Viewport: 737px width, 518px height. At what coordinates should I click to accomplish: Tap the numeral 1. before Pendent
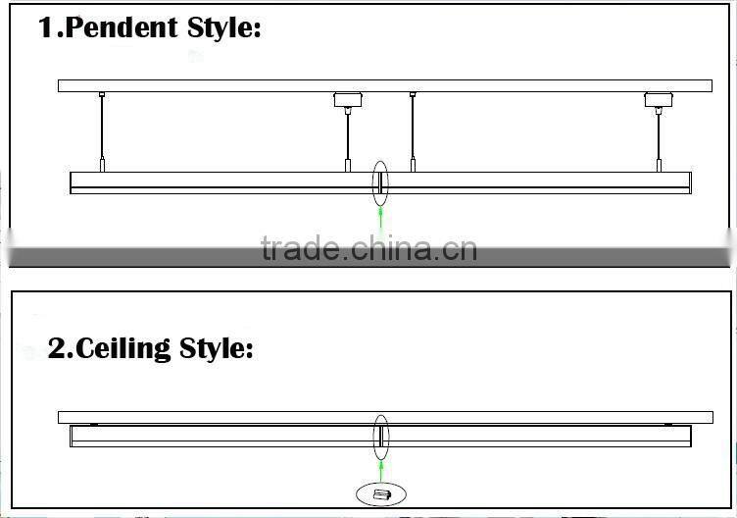coord(49,27)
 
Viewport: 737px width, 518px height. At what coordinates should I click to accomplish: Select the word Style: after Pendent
coord(221,27)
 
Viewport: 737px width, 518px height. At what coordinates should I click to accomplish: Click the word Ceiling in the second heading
coord(126,348)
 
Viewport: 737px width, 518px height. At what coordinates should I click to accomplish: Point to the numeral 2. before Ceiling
coord(60,348)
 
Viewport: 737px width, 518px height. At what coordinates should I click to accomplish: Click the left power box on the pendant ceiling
coord(345,99)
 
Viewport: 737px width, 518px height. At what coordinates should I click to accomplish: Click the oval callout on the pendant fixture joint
coord(379,181)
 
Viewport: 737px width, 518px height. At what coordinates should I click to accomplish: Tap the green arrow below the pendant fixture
coord(379,215)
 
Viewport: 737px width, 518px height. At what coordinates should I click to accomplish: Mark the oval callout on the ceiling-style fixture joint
coord(379,436)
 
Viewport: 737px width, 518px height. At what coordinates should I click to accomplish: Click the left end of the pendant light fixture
coord(74,181)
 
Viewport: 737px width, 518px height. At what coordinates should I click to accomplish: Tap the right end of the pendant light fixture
coord(687,181)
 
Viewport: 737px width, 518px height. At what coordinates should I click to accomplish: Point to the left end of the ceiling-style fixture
coord(74,436)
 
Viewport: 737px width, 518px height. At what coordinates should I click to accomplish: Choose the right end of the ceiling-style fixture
coord(687,436)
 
